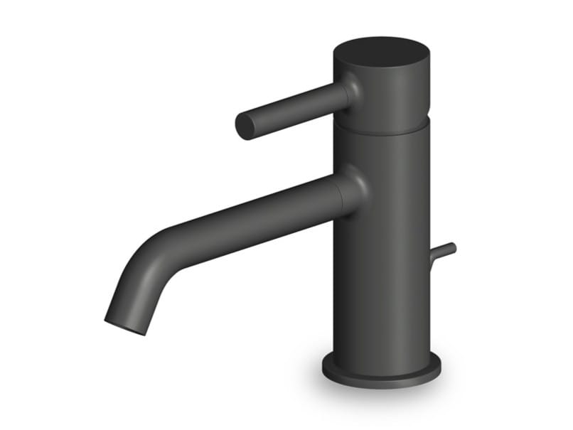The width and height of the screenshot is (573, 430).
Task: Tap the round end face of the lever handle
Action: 245,127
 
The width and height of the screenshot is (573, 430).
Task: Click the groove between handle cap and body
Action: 382,129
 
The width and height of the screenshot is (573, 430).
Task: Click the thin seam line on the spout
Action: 341,195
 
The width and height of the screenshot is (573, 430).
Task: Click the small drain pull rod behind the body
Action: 442,251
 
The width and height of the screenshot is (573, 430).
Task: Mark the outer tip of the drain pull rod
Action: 452,246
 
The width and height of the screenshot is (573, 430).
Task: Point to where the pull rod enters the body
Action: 432,257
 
